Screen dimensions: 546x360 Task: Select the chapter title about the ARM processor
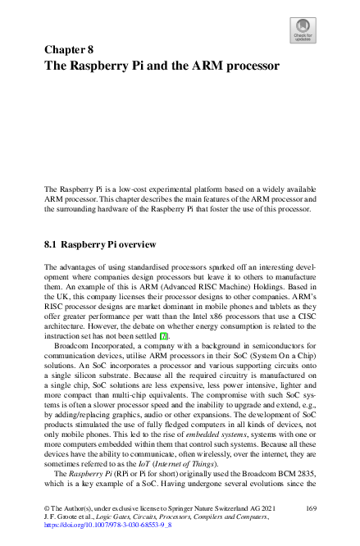click(162, 65)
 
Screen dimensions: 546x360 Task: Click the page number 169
click(311, 509)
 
